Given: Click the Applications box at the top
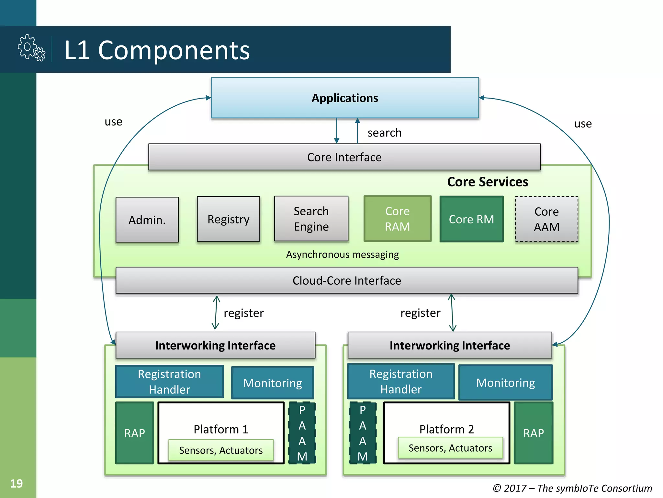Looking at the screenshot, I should (x=345, y=98).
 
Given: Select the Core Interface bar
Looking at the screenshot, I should (x=344, y=157).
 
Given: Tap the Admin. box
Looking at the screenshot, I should (x=147, y=220).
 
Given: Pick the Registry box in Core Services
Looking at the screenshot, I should (x=228, y=219).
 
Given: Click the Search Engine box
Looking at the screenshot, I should (x=311, y=219).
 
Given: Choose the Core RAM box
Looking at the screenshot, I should (x=397, y=219).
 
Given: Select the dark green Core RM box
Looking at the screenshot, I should (x=471, y=219).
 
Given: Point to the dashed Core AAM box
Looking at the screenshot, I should (x=546, y=219).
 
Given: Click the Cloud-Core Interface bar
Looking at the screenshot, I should (x=347, y=280).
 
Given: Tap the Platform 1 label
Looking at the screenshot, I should (x=221, y=429).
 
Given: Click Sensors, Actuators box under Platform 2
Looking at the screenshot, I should (x=450, y=448).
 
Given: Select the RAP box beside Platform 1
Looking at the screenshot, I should (x=135, y=433).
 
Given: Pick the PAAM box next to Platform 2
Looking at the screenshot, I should (x=363, y=433).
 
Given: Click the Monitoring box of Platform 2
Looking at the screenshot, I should (x=505, y=383).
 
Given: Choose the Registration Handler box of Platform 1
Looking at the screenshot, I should (x=169, y=382).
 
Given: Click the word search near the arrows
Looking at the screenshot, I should (x=384, y=133).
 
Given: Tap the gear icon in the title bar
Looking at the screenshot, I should (x=31, y=48).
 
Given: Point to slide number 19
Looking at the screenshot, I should (x=17, y=483).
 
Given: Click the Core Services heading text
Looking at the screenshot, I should (x=488, y=182).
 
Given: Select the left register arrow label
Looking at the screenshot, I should (x=243, y=313).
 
